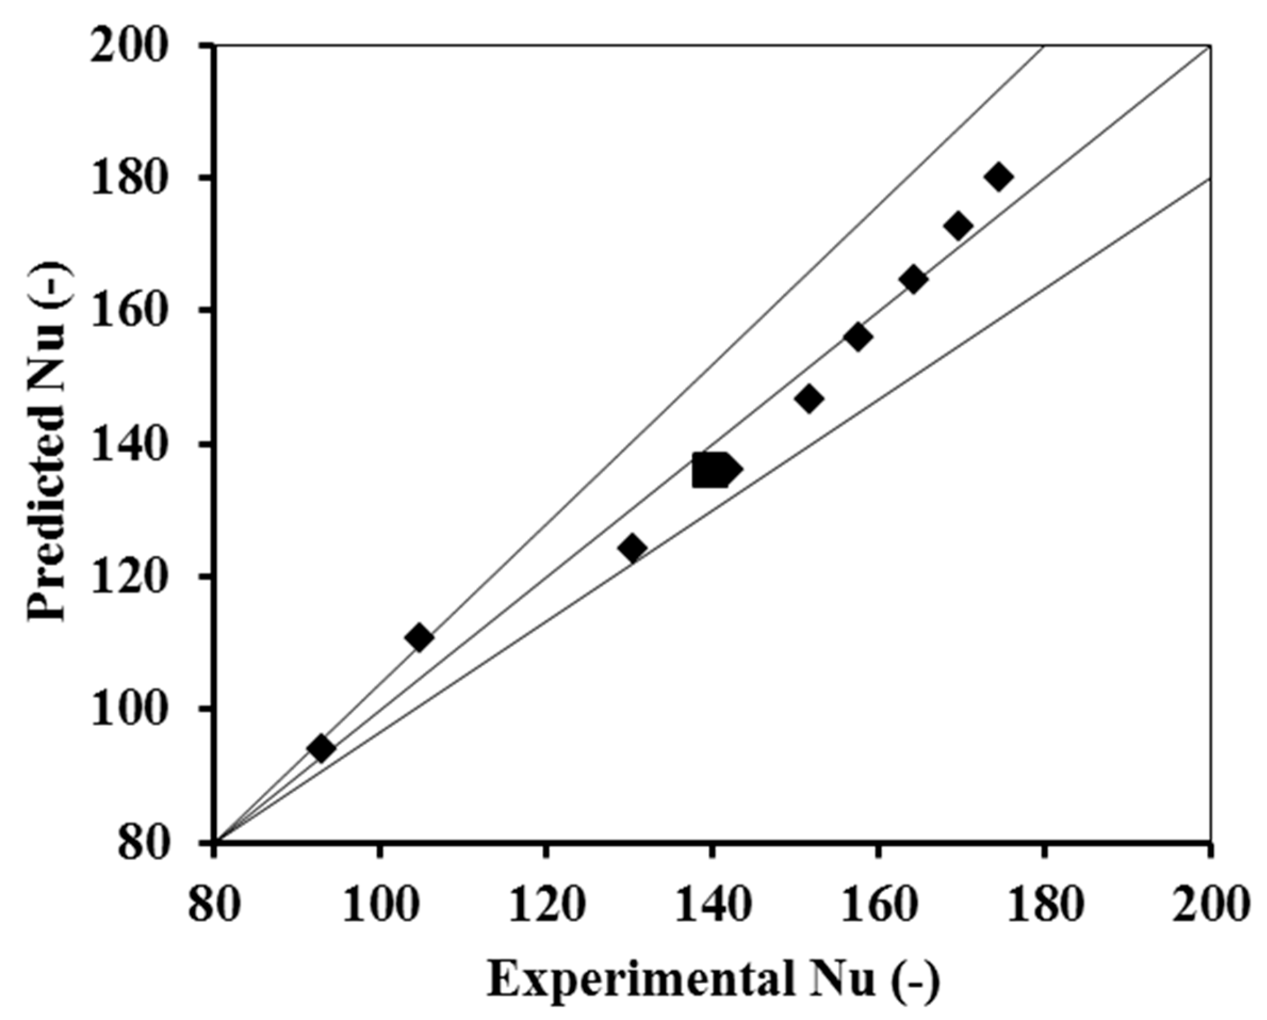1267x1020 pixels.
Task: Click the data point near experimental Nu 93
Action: pos(322,748)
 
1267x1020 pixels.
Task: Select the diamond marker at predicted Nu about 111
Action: pos(420,638)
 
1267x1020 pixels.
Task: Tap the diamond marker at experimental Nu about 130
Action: pos(632,548)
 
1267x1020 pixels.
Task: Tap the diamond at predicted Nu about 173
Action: pos(958,227)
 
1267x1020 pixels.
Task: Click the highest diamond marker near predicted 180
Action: pos(999,176)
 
